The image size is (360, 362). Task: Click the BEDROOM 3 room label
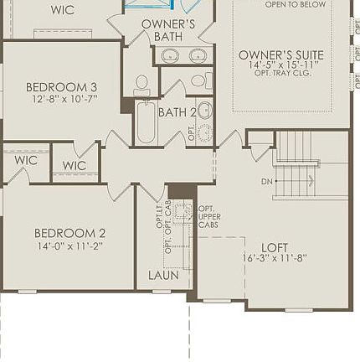61,86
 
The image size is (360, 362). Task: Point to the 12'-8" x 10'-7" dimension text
64,99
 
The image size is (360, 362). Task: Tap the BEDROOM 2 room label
69,233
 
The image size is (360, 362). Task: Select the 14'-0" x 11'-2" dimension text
69,246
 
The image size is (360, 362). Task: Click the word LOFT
275,248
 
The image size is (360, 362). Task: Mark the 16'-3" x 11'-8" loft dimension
275,258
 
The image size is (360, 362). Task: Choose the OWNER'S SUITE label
280,55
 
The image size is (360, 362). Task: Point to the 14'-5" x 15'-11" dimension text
280,65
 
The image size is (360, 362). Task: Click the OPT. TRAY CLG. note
281,73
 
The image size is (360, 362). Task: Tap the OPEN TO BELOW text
295,4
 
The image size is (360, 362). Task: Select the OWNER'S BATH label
167,30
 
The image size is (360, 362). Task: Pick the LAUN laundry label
163,275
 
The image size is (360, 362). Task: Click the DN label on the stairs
266,181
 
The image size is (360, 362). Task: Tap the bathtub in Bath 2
146,124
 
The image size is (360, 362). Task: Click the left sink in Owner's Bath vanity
170,55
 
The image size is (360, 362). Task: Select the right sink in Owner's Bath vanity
198,55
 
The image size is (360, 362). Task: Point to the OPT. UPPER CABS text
208,216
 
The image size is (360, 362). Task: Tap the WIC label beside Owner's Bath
62,10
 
